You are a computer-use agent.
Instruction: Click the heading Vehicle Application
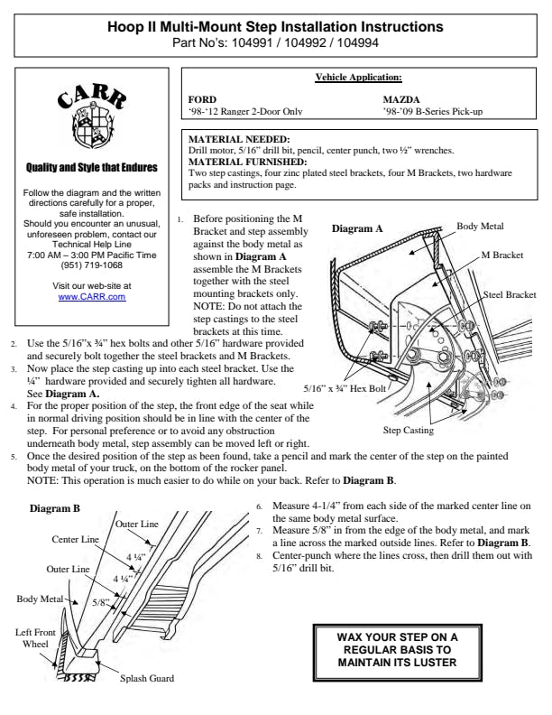click(x=358, y=78)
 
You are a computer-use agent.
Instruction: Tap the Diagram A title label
click(x=357, y=229)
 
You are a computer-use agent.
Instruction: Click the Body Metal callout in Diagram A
click(x=480, y=227)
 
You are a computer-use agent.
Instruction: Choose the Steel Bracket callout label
click(x=510, y=295)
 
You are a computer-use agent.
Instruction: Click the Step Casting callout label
click(x=408, y=431)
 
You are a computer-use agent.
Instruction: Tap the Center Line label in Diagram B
click(x=77, y=539)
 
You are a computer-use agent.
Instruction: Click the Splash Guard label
click(x=147, y=678)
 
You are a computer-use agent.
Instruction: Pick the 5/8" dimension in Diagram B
click(x=101, y=600)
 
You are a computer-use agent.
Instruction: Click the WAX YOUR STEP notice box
click(x=397, y=649)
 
